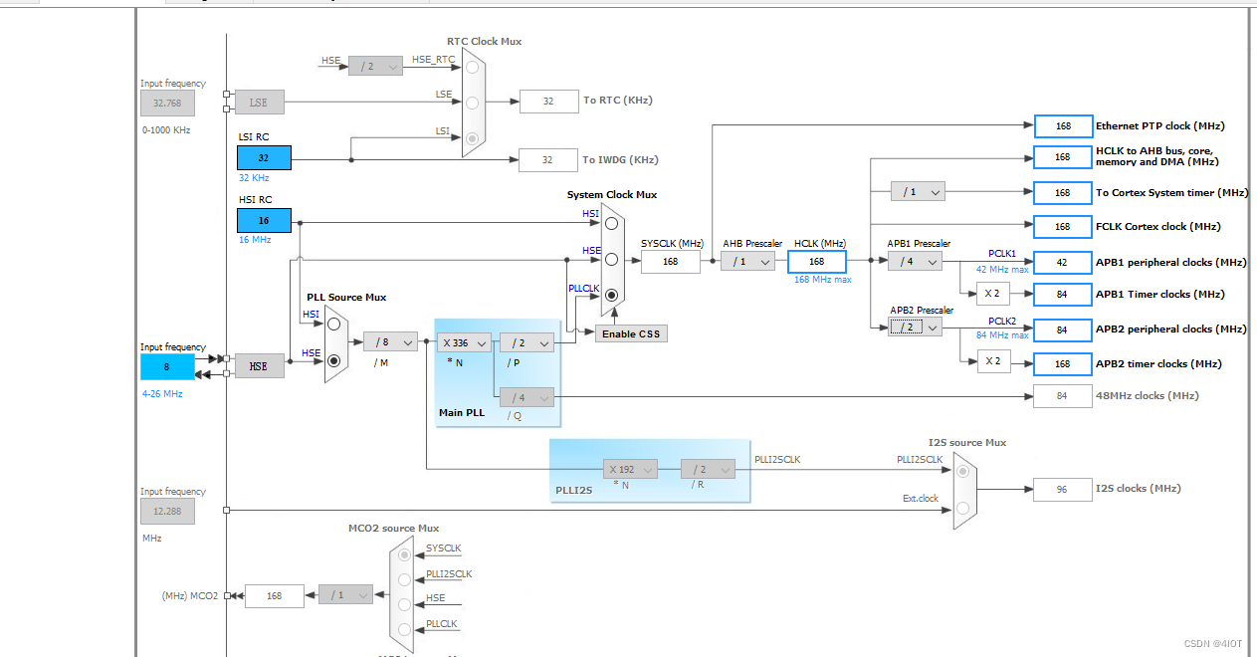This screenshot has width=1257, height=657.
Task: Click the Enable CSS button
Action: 632,333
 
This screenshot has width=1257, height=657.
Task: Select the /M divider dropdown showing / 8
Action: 390,341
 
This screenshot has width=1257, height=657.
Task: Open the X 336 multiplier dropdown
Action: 464,341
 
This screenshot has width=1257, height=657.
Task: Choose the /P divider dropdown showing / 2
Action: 526,341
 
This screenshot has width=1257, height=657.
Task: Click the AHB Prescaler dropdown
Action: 747,261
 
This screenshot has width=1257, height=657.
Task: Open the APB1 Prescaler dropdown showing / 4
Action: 915,261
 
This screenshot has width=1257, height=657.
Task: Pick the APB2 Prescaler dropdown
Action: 915,327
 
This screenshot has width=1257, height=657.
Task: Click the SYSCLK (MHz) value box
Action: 670,261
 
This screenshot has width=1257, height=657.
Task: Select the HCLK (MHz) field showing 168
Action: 816,261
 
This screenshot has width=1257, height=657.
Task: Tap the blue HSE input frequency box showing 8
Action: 167,366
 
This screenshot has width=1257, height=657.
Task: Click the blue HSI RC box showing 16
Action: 264,220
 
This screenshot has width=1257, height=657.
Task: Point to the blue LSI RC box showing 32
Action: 264,157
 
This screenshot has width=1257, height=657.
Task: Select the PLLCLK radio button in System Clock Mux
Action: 611,295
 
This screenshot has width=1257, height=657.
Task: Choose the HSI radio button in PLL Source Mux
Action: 334,324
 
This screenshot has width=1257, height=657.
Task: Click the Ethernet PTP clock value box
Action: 1063,126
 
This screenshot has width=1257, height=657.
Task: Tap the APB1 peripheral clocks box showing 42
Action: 1063,263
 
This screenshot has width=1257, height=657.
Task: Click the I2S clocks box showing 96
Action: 1063,489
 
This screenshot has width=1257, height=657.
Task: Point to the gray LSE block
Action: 259,102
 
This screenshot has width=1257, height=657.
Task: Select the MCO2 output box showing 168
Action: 274,595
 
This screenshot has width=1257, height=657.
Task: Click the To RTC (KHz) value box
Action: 548,101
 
